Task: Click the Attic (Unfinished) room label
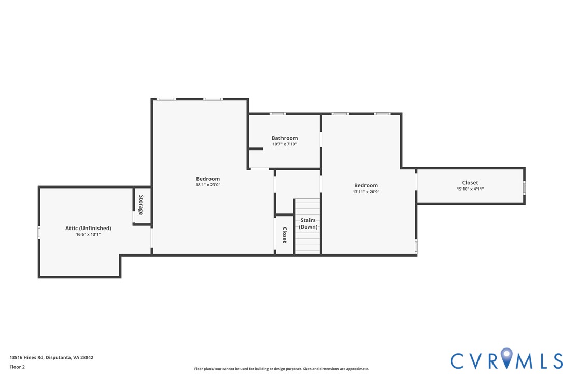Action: point(88,228)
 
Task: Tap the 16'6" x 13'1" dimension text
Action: point(88,234)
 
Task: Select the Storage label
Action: point(140,205)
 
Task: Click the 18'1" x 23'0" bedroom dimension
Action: point(207,185)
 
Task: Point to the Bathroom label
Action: point(285,138)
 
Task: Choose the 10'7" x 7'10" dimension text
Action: point(285,144)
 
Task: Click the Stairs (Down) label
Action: point(308,223)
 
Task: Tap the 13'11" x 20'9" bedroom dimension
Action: point(365,192)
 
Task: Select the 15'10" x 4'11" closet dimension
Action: point(470,189)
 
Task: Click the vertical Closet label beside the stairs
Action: point(284,235)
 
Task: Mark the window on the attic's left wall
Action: point(39,232)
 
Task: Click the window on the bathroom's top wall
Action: point(277,114)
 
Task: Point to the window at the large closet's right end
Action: point(524,187)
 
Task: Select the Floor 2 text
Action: point(17,367)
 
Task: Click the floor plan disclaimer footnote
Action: point(281,369)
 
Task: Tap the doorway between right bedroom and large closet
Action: point(416,181)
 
